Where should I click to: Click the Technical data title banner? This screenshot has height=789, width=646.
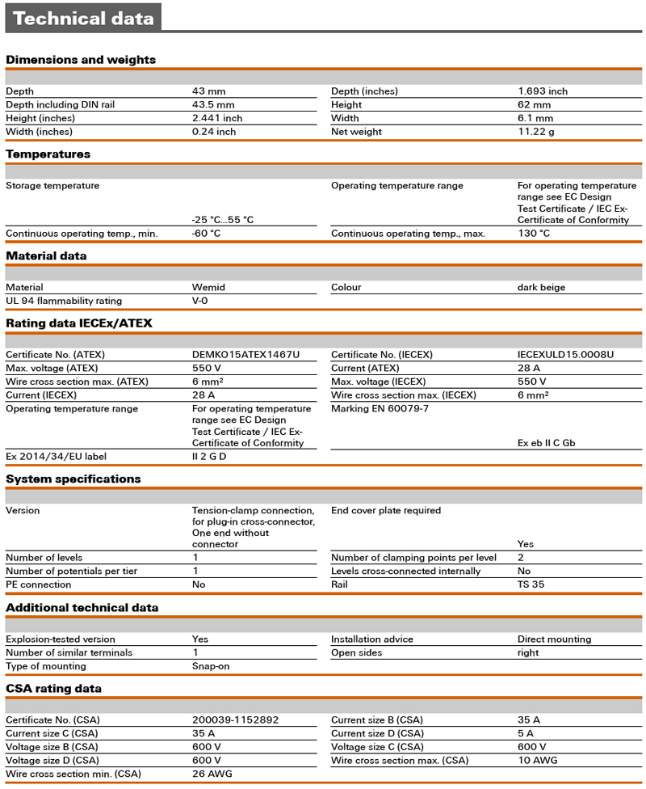pos(83,19)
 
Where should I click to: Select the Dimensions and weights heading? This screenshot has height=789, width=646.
pos(81,60)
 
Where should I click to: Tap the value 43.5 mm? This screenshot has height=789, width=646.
pos(213,105)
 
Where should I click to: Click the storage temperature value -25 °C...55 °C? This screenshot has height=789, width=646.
pos(223,220)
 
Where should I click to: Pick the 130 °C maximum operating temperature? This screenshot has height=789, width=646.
pos(534,234)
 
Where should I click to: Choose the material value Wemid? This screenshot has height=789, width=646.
pos(208,287)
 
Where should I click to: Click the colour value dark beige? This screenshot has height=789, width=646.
pos(541,287)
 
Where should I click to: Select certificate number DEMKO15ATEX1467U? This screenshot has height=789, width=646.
pos(245,355)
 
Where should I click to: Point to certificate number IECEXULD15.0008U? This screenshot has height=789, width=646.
pos(565,355)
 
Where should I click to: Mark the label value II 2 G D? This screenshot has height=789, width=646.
pos(209,457)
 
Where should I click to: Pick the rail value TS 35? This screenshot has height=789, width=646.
pos(531,584)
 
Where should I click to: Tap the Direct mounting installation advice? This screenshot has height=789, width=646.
pos(554,639)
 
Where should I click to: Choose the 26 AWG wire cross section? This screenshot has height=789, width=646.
pos(212,774)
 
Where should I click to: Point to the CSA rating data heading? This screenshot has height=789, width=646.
pos(54,689)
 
